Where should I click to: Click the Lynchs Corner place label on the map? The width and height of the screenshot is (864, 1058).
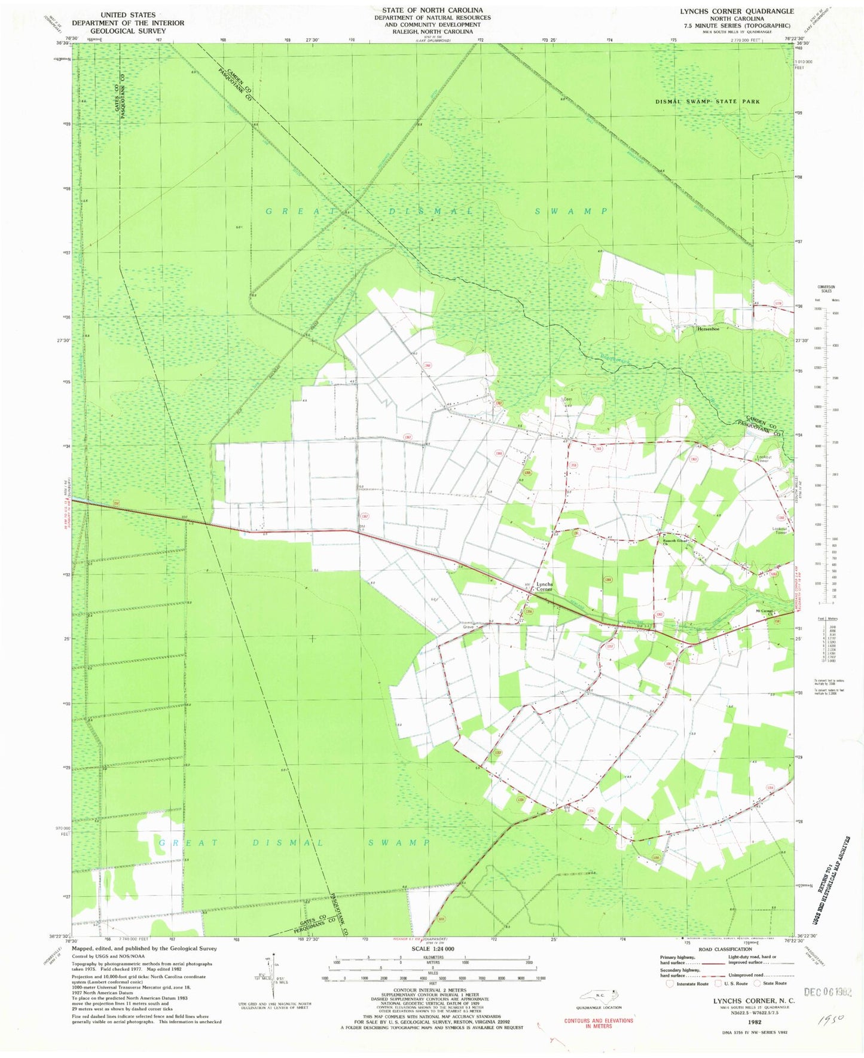pos(544,586)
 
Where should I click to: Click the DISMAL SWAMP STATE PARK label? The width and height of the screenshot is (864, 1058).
pos(707,102)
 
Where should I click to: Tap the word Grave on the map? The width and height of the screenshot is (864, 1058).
pos(468,628)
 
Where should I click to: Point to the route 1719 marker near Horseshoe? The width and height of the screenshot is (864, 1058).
pos(777,304)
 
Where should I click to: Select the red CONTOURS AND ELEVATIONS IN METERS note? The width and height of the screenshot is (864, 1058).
pos(599,1023)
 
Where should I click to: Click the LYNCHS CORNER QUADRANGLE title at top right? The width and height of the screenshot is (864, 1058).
pos(737,11)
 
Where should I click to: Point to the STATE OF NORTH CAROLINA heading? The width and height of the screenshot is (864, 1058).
pos(432,10)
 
